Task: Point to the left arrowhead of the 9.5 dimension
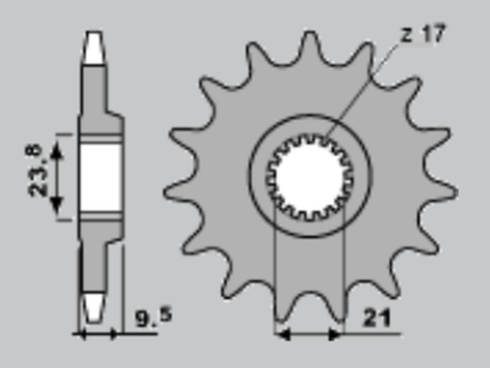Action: coord(81,333)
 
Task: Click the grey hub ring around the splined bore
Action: coord(309,131)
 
